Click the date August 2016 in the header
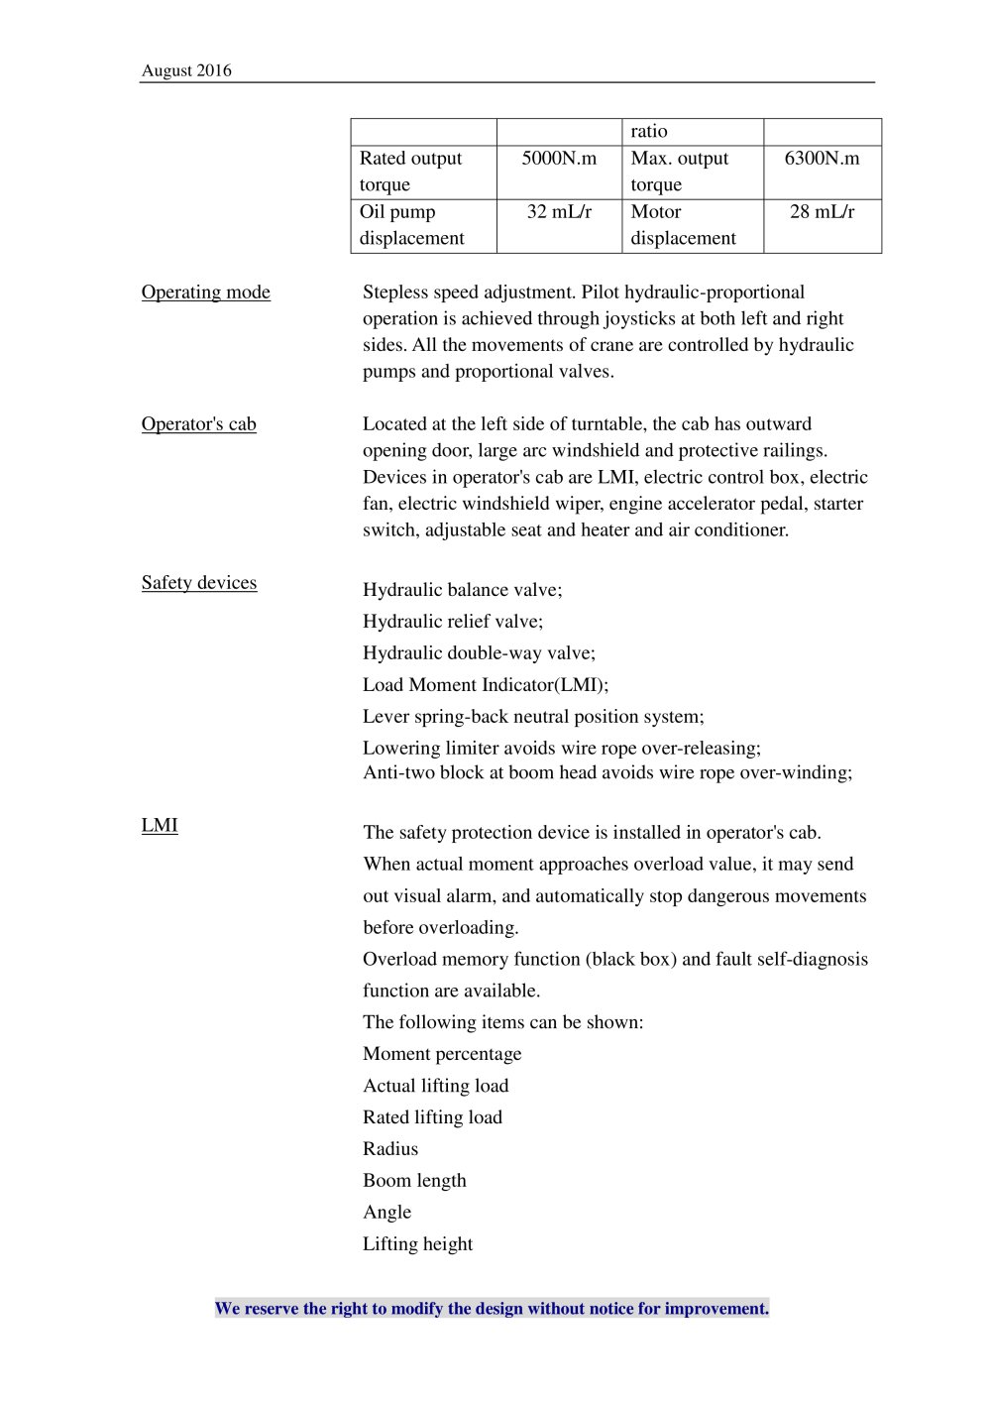(x=186, y=70)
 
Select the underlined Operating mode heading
(x=205, y=292)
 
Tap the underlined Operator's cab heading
(x=198, y=424)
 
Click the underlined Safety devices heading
(x=198, y=583)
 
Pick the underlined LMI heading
(x=160, y=826)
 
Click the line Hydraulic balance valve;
(x=462, y=590)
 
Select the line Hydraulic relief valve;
(x=453, y=622)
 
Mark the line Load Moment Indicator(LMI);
(x=486, y=685)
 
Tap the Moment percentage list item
(x=442, y=1054)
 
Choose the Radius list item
(x=390, y=1149)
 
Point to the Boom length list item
(x=414, y=1181)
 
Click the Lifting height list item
(x=417, y=1244)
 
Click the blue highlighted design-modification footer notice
(x=492, y=1309)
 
